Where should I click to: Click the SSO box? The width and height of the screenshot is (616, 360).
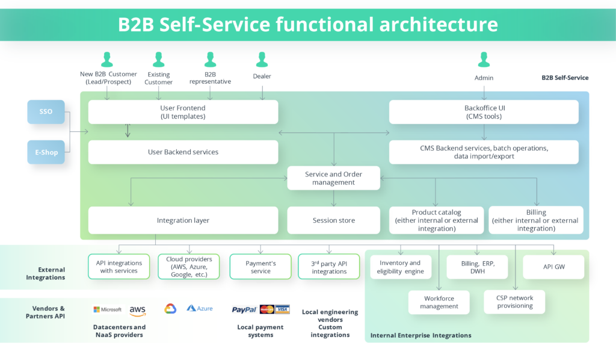[46, 112]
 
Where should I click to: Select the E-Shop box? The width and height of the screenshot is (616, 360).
[46, 152]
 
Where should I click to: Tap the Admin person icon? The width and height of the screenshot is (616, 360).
[484, 60]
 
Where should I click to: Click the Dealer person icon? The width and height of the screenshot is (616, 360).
[262, 60]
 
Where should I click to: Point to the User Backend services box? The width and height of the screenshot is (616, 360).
[183, 152]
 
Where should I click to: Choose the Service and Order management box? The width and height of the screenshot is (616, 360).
[333, 178]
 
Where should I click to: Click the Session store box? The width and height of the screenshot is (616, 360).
[333, 220]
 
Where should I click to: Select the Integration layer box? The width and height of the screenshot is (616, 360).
[183, 220]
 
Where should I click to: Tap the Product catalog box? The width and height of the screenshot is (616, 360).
[436, 220]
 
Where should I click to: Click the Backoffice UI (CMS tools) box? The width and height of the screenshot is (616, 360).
[483, 112]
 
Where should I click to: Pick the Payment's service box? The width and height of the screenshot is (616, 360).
[260, 267]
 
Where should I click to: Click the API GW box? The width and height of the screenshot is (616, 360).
[553, 267]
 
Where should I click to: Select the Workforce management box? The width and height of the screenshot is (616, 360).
[439, 302]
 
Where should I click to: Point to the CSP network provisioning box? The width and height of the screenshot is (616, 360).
[514, 302]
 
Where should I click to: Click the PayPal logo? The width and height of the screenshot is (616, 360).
[244, 309]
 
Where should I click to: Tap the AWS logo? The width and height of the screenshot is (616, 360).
[137, 311]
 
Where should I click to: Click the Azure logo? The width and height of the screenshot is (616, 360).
[200, 308]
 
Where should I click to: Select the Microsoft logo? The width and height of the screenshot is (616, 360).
[108, 309]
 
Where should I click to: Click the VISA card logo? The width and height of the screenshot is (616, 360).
[282, 309]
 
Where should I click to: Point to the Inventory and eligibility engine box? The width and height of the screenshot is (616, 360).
[400, 267]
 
